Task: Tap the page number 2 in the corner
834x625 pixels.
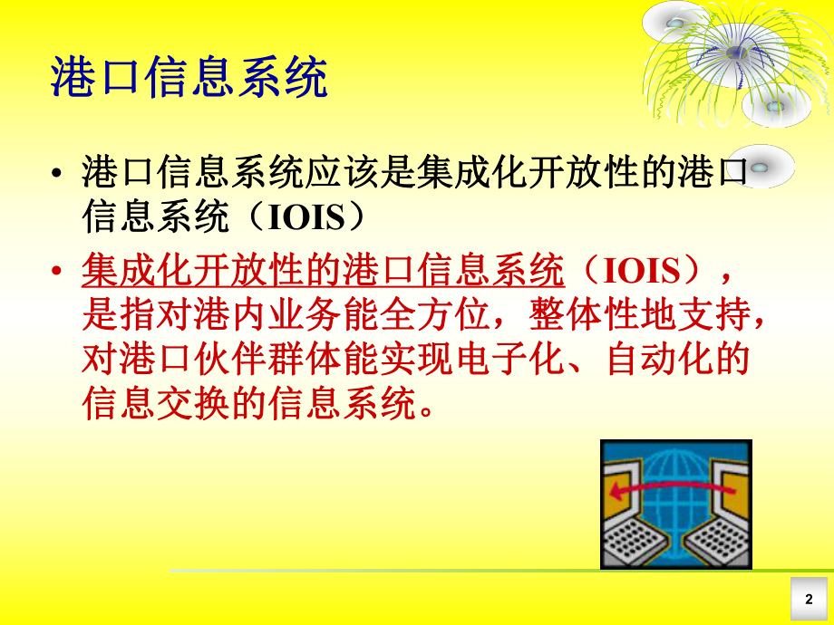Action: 809,599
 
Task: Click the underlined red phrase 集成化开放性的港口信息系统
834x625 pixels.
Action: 323,270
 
